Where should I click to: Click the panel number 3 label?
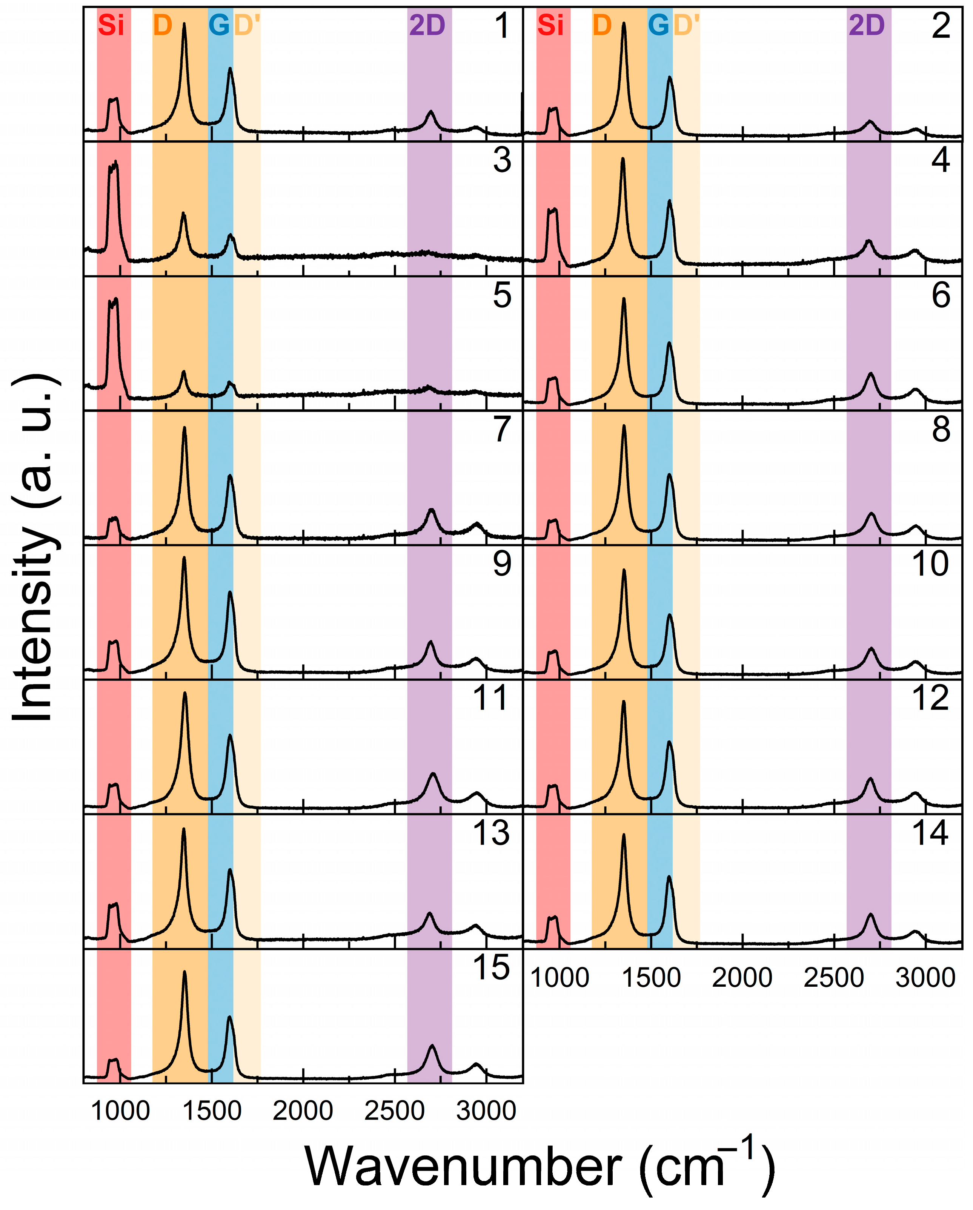tap(502, 161)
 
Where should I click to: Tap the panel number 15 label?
tap(491, 968)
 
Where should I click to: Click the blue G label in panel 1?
tap(218, 25)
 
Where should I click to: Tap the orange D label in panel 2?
tap(602, 25)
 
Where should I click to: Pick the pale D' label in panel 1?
tap(247, 25)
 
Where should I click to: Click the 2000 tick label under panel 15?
tap(303, 1111)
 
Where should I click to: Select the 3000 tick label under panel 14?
tap(925, 978)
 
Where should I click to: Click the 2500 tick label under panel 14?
tap(834, 978)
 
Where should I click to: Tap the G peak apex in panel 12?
tap(669, 743)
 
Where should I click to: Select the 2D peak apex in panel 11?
tap(433, 774)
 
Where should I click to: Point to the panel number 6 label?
tap(941, 296)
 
